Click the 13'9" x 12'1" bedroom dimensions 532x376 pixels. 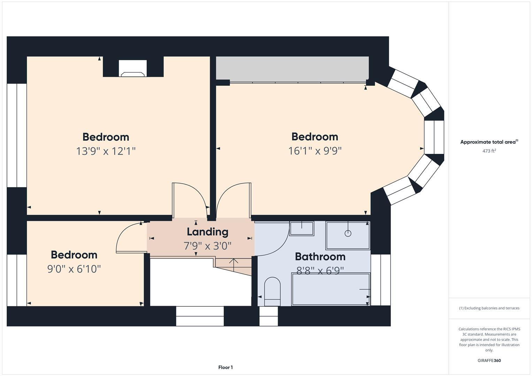pos(106,151)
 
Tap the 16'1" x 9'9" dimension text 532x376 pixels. pos(315,151)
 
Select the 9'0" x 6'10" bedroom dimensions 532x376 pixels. pos(74,269)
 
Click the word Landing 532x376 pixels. pos(207,232)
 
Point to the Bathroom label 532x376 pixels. pos(320,257)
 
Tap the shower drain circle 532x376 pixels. pos(347,233)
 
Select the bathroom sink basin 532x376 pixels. pos(302,228)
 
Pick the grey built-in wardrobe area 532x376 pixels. pos(292,68)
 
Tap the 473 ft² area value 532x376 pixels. pos(489,151)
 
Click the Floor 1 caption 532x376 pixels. pos(225,367)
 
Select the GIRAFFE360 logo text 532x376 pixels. pos(489,360)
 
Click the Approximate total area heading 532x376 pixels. pos(489,142)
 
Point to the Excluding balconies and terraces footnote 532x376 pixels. pos(489,308)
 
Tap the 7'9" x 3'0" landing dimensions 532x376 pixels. pos(207,246)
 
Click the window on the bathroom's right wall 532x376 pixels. pos(380,280)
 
